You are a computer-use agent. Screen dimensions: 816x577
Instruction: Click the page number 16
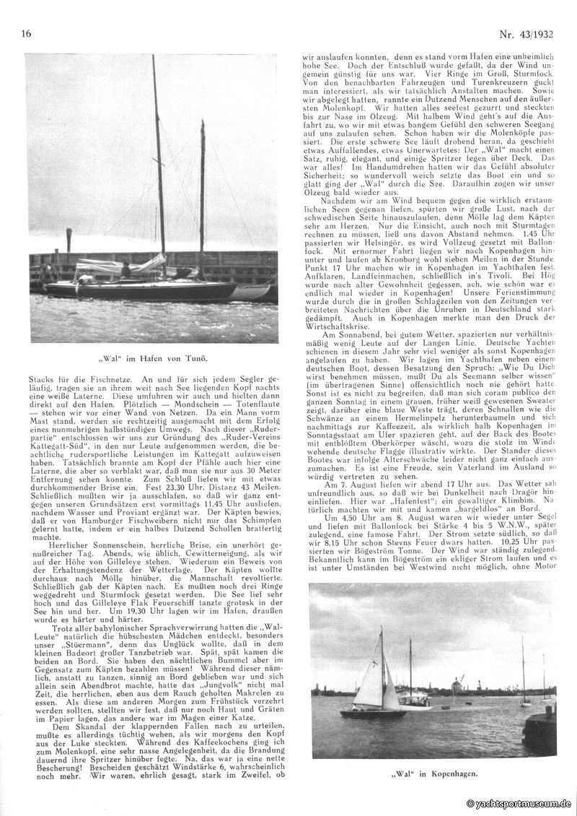click(27, 34)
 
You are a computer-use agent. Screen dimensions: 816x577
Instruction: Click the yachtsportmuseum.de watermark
click(519, 803)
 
